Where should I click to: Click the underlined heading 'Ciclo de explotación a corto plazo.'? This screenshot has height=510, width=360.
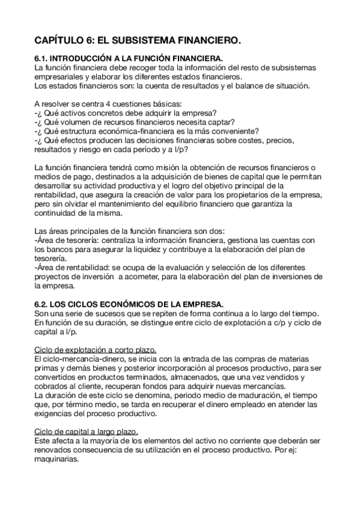coord(96,350)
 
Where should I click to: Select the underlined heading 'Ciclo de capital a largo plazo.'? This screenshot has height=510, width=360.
coord(87,431)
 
